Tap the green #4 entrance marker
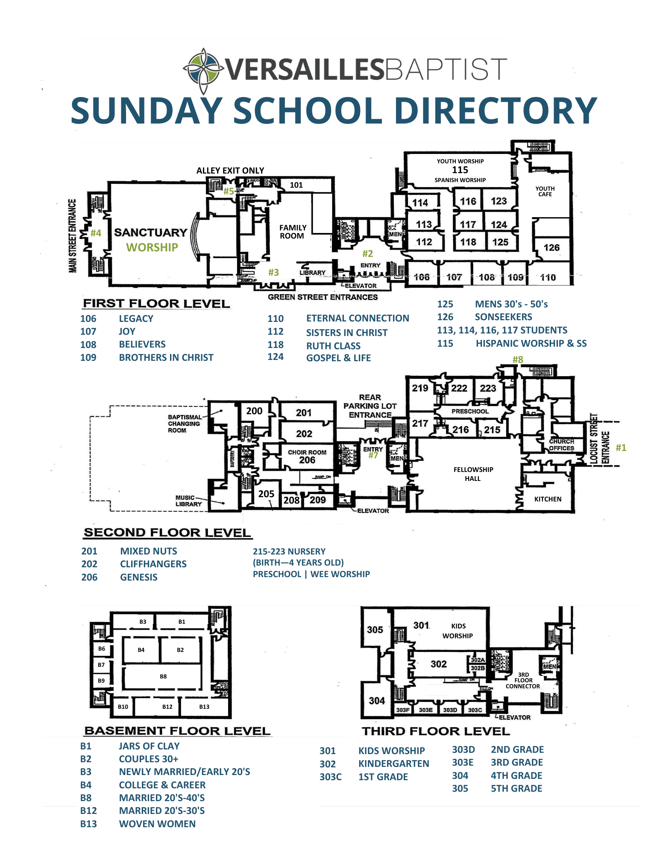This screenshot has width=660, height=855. (x=96, y=233)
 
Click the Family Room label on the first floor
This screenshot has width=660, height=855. (x=293, y=232)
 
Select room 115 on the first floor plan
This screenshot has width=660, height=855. (x=460, y=170)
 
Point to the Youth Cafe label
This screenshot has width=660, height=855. (x=545, y=191)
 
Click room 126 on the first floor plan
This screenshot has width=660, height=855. (x=551, y=248)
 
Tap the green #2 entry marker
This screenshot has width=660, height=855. (x=367, y=254)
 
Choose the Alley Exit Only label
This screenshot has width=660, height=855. (x=230, y=171)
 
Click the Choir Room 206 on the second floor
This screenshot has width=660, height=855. (x=307, y=457)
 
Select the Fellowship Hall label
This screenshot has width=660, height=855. (x=473, y=474)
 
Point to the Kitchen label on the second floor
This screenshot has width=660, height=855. (x=548, y=499)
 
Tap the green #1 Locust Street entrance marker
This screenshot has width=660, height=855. (x=621, y=448)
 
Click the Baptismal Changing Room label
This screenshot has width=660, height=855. (x=184, y=423)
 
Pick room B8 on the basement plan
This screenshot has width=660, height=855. (x=163, y=676)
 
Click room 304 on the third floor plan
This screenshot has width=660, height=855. (x=377, y=701)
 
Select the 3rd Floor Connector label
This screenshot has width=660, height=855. (x=523, y=680)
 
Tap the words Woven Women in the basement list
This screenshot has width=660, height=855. (x=157, y=824)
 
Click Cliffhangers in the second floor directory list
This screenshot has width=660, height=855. (x=153, y=564)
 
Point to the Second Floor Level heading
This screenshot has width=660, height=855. (x=167, y=533)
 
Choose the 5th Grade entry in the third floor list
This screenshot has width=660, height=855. (x=516, y=788)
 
